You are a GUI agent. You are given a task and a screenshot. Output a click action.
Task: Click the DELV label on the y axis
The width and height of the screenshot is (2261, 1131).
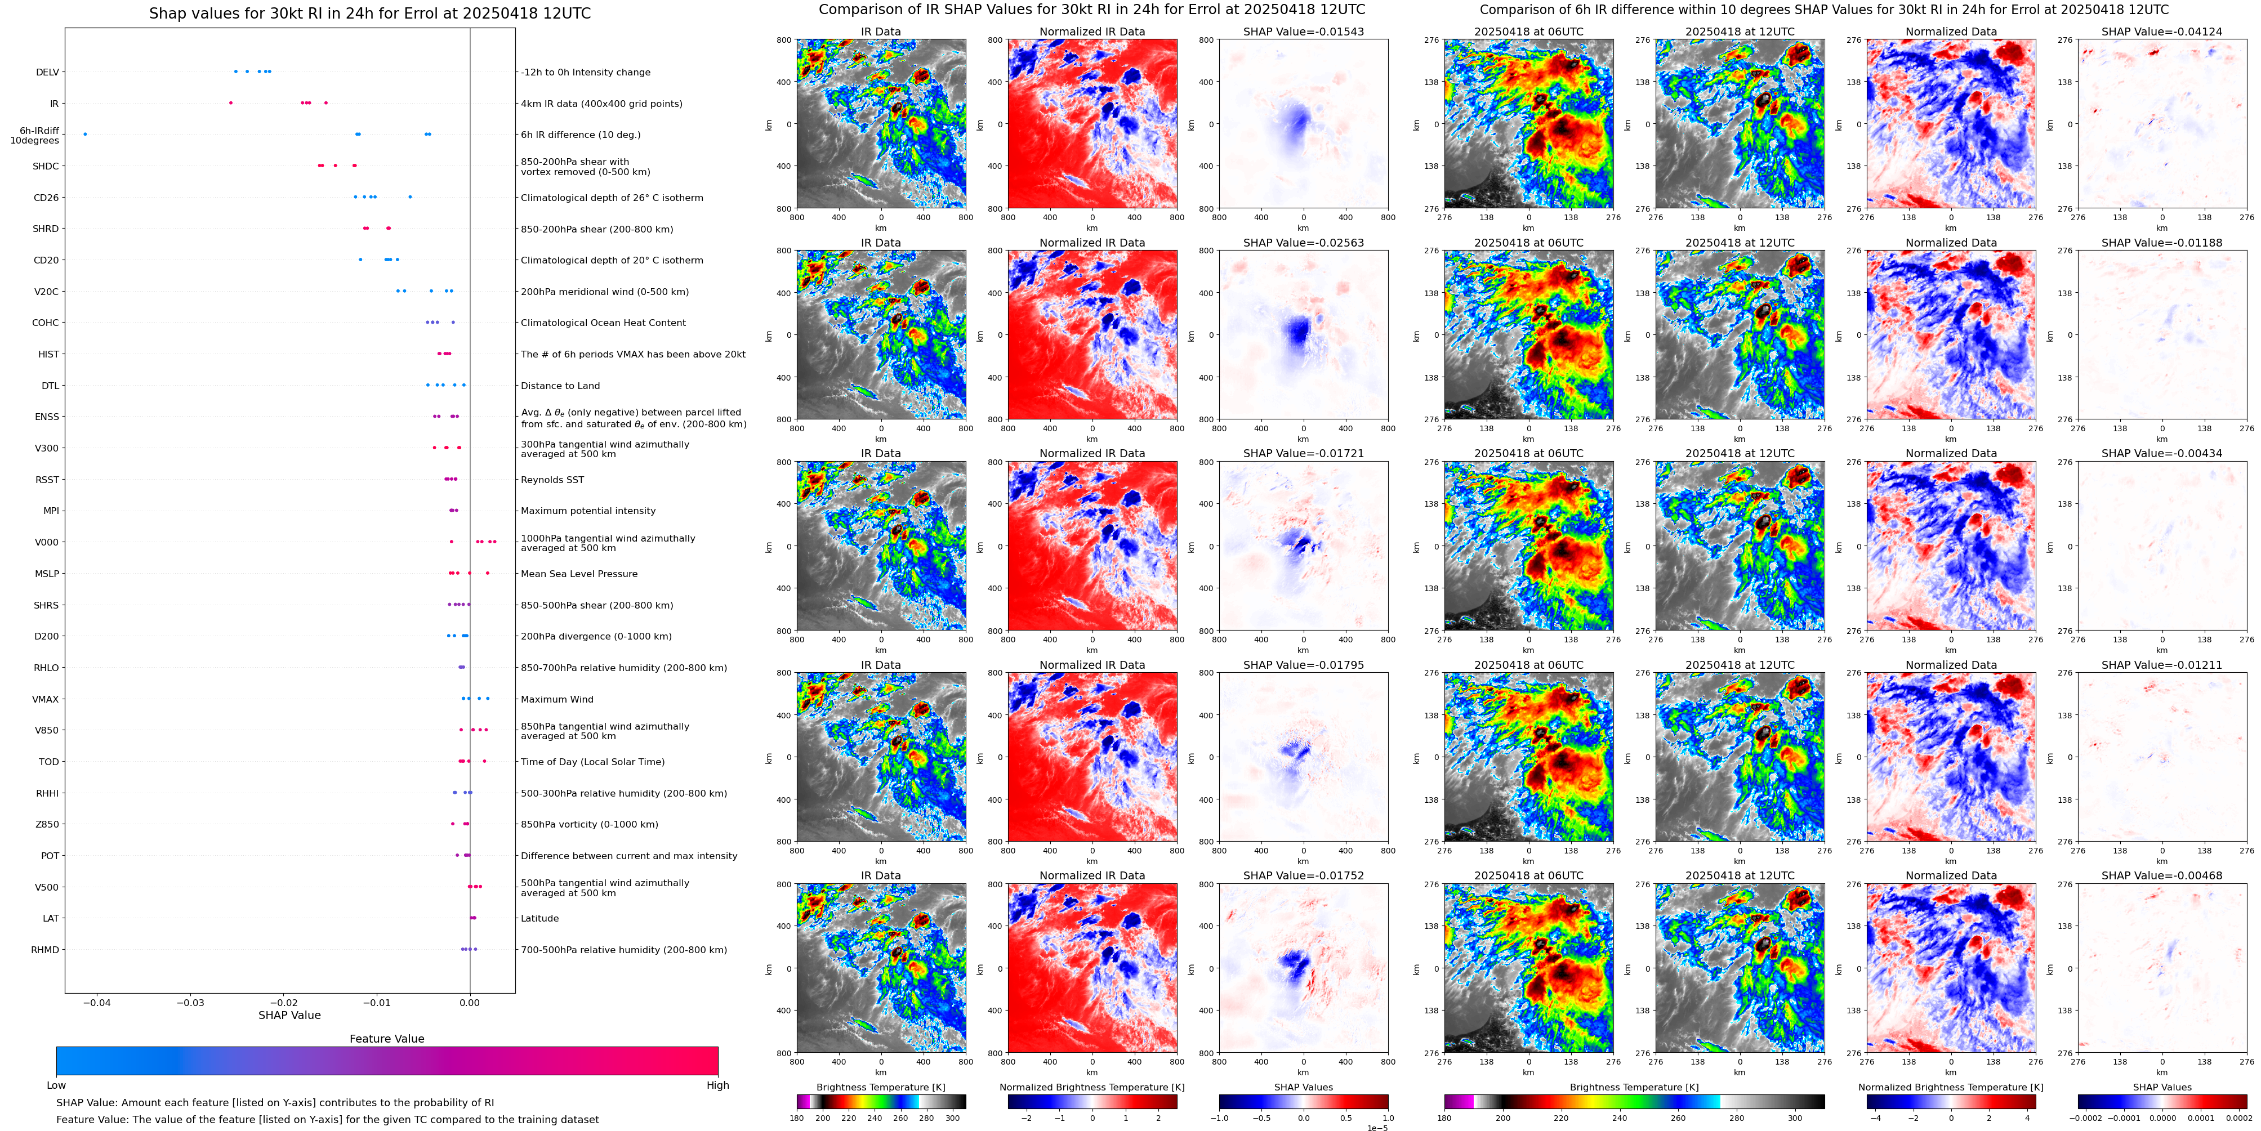pos(47,73)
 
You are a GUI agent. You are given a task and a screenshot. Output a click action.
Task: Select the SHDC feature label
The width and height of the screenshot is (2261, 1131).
pos(46,167)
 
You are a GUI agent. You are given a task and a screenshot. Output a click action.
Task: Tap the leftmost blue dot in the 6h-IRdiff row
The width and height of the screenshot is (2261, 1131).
pos(85,134)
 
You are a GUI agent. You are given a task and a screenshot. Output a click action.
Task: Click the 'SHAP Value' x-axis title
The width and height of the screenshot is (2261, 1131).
pos(289,1015)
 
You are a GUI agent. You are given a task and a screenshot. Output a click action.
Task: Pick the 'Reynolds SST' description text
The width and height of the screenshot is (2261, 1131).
pos(551,480)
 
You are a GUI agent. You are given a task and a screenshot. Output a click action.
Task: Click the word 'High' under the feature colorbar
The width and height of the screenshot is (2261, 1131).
pos(717,1085)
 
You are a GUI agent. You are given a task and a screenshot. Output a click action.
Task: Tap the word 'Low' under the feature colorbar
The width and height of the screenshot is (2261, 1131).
pos(56,1085)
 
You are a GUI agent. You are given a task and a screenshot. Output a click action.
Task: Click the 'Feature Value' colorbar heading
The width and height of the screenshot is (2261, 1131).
pos(386,1039)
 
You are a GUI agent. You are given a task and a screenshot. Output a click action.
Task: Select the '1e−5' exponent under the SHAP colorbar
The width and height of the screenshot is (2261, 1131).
pos(1376,1128)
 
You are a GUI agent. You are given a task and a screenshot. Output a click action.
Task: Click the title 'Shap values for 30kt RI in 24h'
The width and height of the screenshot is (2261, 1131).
pos(369,13)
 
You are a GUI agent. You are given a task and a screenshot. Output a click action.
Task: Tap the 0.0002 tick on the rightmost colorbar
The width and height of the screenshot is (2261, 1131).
pos(2238,1119)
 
